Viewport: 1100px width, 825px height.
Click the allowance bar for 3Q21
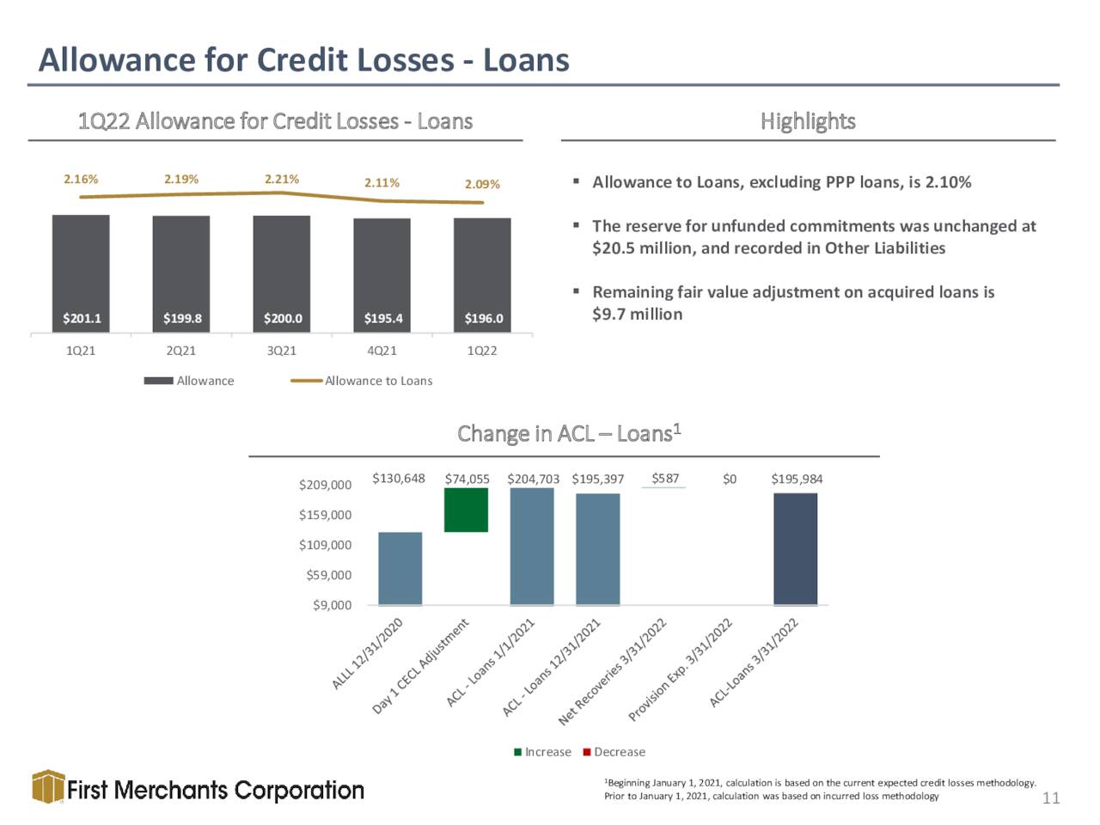pyautogui.click(x=281, y=273)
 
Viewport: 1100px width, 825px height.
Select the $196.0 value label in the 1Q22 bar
pyautogui.click(x=483, y=318)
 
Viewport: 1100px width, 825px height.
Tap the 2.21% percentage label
pyautogui.click(x=282, y=179)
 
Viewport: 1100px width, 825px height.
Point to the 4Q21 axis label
pyautogui.click(x=382, y=351)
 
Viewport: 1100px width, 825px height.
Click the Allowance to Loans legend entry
pyautogui.click(x=361, y=381)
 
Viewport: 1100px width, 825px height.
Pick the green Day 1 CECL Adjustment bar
pyautogui.click(x=466, y=510)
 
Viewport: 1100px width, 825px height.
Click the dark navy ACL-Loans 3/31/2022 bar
pyautogui.click(x=795, y=549)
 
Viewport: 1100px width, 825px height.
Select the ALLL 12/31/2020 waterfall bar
pyautogui.click(x=400, y=569)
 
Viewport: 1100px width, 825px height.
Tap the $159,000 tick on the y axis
pyautogui.click(x=325, y=515)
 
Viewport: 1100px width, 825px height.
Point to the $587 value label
pyautogui.click(x=665, y=479)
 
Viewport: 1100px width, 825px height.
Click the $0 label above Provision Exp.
pyautogui.click(x=729, y=480)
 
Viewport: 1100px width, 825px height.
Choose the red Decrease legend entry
pyautogui.click(x=614, y=752)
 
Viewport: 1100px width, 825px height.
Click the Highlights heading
pyautogui.click(x=808, y=121)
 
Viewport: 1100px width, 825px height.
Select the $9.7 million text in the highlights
pyautogui.click(x=637, y=314)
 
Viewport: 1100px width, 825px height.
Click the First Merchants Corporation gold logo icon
pyautogui.click(x=48, y=786)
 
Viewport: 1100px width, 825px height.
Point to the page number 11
pyautogui.click(x=1051, y=798)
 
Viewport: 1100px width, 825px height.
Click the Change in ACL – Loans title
pyautogui.click(x=569, y=433)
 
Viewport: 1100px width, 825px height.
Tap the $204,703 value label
pyautogui.click(x=533, y=480)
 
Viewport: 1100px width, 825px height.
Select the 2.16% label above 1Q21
pyautogui.click(x=81, y=179)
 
